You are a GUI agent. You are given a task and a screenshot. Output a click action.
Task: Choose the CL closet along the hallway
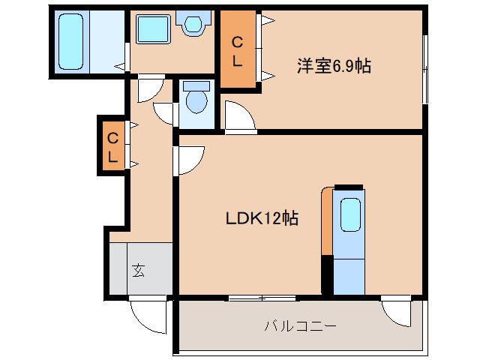point(112,146)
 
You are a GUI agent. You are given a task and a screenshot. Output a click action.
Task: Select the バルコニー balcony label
point(300,326)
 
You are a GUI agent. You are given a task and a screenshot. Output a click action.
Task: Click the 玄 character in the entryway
point(139,269)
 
